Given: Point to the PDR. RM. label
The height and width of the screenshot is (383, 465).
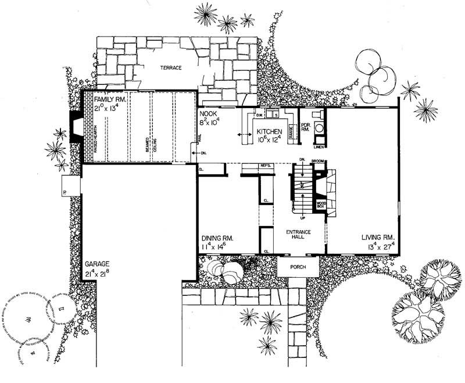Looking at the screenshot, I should click(x=305, y=127).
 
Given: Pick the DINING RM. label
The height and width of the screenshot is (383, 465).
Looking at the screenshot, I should click(x=219, y=238).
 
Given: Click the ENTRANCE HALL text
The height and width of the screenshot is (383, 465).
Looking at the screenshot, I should click(x=299, y=234).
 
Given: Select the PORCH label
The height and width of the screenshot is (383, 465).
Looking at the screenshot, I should click(x=298, y=268).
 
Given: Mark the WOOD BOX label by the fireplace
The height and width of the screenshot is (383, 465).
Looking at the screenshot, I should click(x=321, y=205).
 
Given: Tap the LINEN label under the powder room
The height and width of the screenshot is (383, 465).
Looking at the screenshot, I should click(x=319, y=147).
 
